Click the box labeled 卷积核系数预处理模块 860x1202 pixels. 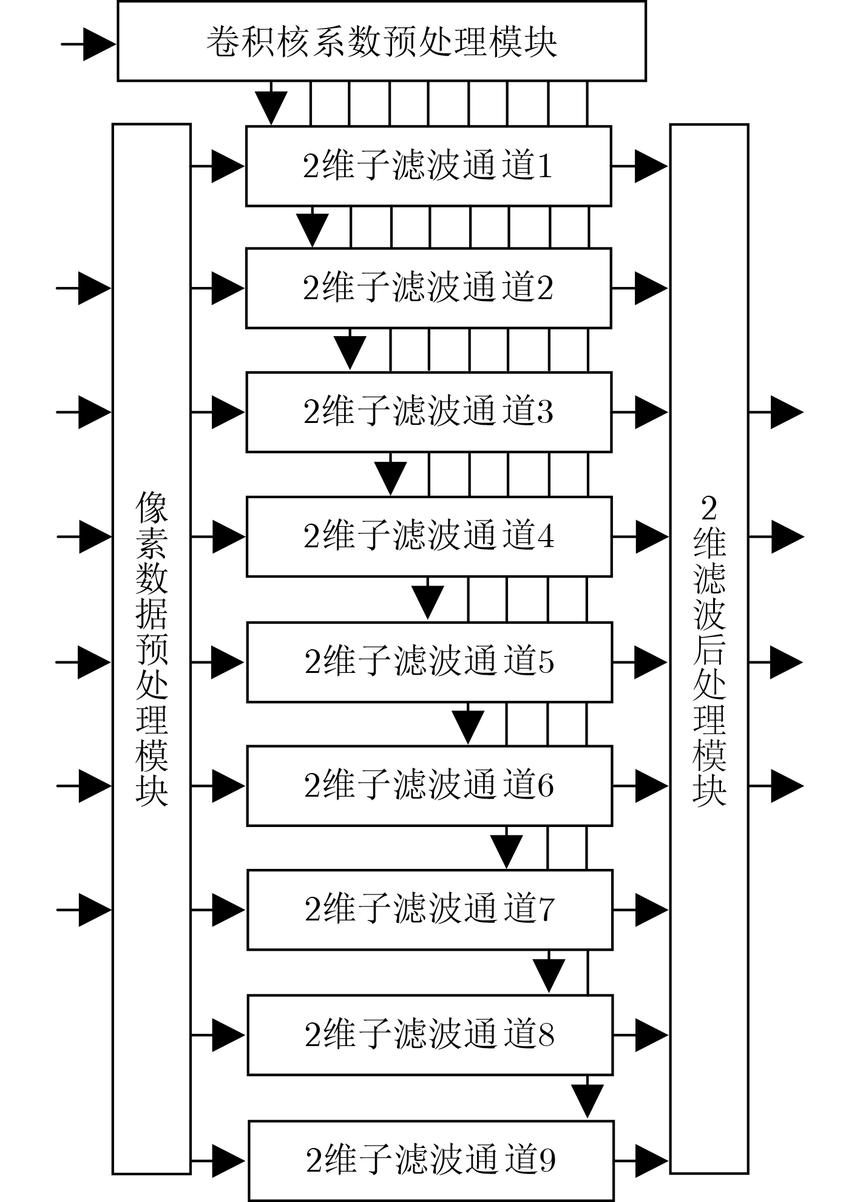381,41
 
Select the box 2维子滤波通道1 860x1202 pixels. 428,166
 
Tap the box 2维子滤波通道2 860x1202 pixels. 428,288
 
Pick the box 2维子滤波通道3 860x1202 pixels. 428,412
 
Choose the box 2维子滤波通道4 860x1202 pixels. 429,536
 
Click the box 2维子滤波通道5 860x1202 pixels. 429,662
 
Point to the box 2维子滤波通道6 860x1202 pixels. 429,786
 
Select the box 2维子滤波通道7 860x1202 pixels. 430,910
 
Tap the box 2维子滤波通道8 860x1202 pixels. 430,1035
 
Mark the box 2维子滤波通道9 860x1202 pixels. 431,1160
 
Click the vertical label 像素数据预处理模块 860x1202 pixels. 152,649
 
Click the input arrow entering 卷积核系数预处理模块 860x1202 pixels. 89,44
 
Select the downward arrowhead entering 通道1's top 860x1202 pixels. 271,108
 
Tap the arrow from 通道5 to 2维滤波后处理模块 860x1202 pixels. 640,662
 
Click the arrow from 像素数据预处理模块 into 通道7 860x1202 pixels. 218,910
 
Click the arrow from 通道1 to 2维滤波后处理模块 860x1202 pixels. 640,166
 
